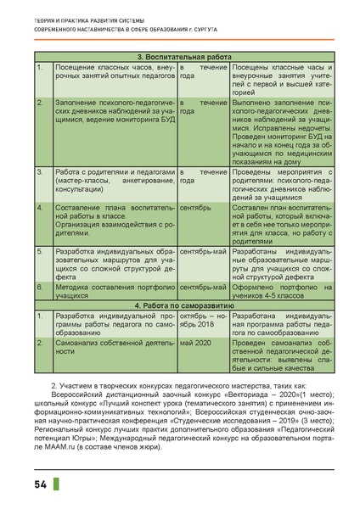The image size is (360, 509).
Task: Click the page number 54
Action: [x=41, y=484]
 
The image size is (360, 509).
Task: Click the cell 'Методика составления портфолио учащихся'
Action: [x=113, y=291]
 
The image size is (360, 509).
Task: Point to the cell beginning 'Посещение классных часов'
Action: [x=113, y=70]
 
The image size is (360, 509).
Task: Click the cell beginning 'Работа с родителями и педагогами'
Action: [x=113, y=181]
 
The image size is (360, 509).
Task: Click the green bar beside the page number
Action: [x=57, y=484]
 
